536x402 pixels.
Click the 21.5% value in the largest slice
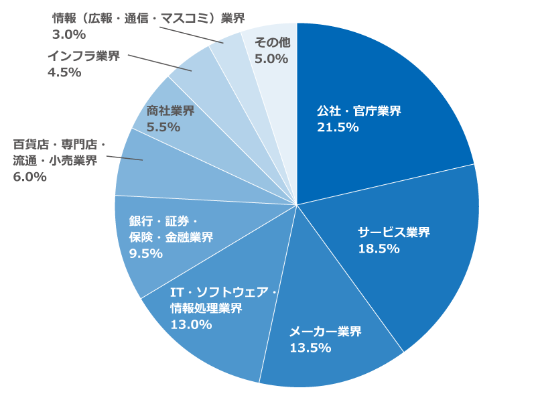coord(338,127)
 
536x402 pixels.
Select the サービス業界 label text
coord(393,232)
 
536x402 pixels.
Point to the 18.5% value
coord(379,249)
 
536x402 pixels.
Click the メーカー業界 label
coord(325,332)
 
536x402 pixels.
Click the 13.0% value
coord(191,325)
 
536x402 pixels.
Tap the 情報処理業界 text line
coord(206,308)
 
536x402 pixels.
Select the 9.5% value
coord(146,253)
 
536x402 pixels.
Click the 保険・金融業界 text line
coord(171,237)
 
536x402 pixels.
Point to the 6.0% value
coord(29,177)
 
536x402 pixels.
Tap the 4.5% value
coord(64,72)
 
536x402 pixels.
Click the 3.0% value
coord(69,33)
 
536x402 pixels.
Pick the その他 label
coord(272,42)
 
